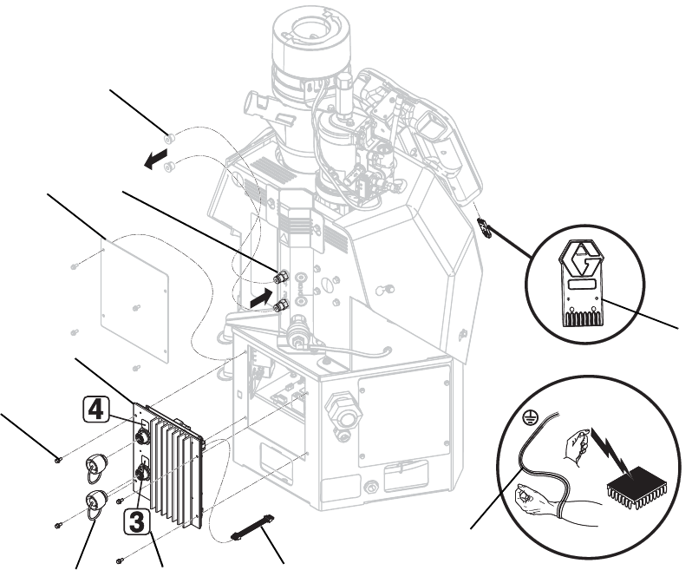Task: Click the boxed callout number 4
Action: [95, 409]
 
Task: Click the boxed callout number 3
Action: [136, 521]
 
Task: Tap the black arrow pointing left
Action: [155, 159]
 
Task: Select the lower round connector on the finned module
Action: [143, 474]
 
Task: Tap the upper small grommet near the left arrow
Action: [168, 139]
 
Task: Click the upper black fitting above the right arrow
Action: [280, 277]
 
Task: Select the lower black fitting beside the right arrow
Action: [281, 305]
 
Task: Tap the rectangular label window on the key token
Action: [581, 285]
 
